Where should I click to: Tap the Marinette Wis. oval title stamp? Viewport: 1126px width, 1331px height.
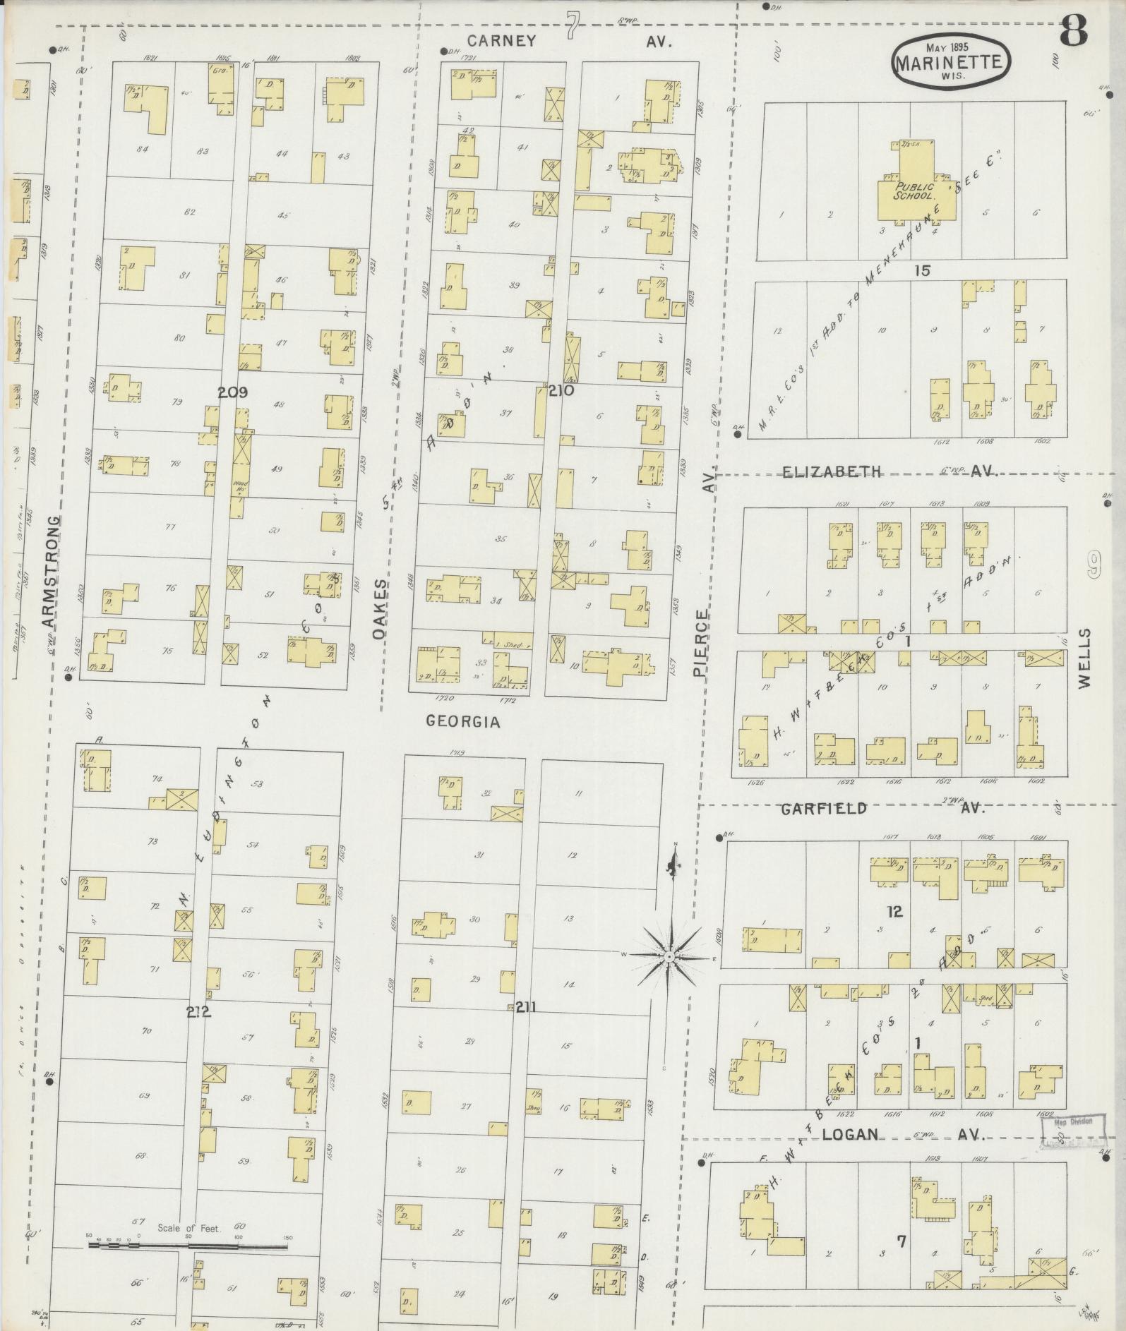950,62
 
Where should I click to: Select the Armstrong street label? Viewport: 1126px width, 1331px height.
49,572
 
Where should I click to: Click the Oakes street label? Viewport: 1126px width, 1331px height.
381,610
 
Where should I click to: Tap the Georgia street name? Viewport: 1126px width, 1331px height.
463,722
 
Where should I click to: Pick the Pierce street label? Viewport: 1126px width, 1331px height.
700,644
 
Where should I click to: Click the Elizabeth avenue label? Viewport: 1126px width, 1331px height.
832,471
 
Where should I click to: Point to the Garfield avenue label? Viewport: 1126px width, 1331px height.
823,809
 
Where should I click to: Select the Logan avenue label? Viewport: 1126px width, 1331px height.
850,1135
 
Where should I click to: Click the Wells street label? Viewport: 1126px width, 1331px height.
1084,658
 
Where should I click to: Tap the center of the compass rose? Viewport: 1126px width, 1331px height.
667,956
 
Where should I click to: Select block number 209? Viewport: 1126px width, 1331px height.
232,392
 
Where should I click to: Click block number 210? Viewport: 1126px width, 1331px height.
561,390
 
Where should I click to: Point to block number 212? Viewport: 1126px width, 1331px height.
198,1013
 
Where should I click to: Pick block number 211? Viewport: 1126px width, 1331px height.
525,1007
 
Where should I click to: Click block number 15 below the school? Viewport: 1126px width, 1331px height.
921,270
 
